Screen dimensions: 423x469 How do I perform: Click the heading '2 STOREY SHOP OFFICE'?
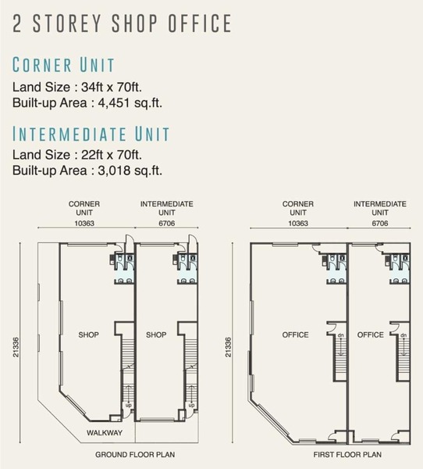coord(122,23)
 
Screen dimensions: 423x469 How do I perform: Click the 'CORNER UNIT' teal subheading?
coord(63,65)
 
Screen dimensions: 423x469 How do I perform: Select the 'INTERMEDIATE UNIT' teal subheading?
coord(91,134)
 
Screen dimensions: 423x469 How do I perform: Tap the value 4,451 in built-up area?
coord(114,103)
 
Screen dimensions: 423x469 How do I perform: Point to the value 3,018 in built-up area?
coord(114,170)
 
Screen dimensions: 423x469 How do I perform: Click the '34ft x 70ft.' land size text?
coord(112,88)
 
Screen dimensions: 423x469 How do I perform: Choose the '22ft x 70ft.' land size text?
coord(112,155)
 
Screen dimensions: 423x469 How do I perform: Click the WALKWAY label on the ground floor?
coord(105,432)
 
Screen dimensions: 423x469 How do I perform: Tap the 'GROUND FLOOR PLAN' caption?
coord(135,455)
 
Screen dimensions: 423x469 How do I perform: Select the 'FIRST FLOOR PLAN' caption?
coord(347,455)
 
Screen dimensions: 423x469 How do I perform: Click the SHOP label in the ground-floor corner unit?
coord(88,335)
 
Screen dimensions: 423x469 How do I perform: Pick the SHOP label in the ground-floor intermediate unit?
coord(156,335)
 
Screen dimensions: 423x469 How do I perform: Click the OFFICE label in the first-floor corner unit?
coord(295,335)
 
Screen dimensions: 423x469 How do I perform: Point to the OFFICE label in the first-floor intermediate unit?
coord(371,335)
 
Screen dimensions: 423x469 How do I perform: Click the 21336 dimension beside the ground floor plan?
coord(16,347)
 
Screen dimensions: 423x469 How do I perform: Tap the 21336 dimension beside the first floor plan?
coord(228,347)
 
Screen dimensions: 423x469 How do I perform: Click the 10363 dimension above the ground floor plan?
coord(84,224)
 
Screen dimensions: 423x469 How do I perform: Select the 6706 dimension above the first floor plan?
coord(380,224)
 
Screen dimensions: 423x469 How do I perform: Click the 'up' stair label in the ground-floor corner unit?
coord(129,405)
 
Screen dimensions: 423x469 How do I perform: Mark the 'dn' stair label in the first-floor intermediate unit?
coord(403,335)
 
